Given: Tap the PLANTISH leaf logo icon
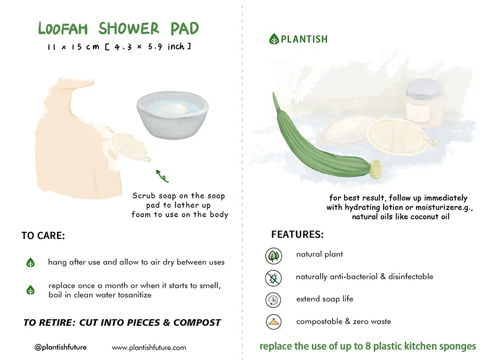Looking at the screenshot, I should (x=274, y=39).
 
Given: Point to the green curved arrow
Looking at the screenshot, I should (x=162, y=175).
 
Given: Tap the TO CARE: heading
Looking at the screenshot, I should (x=43, y=236).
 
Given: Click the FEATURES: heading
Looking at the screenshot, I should (x=297, y=235).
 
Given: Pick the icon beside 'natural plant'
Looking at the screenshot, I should (x=273, y=256).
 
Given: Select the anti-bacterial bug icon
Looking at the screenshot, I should (x=273, y=278).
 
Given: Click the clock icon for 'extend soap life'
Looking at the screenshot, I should (x=273, y=300).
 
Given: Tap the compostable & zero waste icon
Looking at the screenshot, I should (x=273, y=322).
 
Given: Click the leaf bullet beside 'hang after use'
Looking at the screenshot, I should (x=30, y=263).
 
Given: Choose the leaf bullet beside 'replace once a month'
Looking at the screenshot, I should (x=30, y=290).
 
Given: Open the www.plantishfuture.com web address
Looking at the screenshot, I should (x=149, y=348).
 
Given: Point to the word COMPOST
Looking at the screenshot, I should (x=196, y=323).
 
